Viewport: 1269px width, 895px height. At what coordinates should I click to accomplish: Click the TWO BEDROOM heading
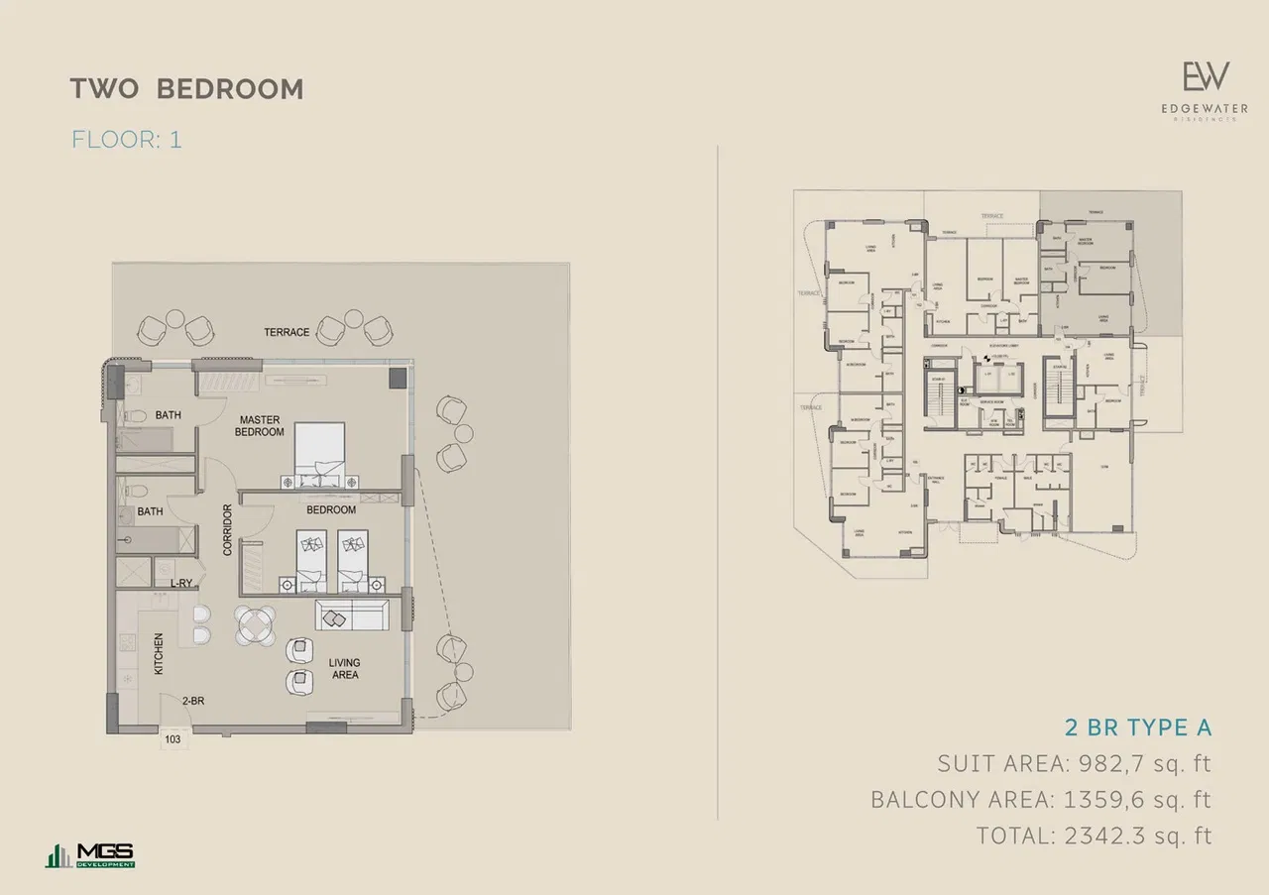186,88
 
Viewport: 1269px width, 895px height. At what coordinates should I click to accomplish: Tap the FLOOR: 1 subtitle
126,139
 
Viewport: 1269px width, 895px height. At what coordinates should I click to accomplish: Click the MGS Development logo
90,855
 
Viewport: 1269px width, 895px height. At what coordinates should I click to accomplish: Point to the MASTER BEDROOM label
260,426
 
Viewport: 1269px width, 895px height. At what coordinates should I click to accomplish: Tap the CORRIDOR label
227,529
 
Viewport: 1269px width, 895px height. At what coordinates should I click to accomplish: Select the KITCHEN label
158,655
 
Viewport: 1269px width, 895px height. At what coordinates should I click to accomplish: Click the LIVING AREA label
343,669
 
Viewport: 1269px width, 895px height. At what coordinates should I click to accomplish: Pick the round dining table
257,626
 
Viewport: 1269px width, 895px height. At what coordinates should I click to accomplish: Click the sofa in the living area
351,615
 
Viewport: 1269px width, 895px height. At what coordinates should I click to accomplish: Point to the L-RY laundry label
180,584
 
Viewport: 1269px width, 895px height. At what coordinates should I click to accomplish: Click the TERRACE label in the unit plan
287,332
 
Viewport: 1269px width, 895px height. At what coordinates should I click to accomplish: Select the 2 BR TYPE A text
1137,727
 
